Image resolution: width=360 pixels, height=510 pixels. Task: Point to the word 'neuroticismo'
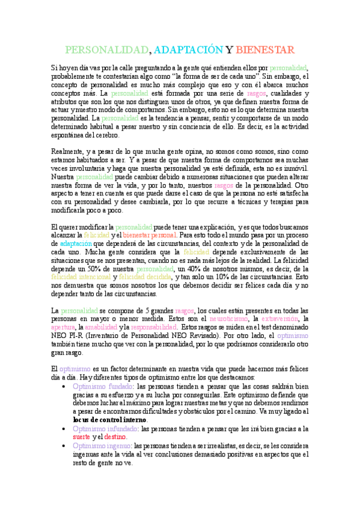228,318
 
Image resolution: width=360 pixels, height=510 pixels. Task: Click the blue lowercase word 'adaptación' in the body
75,244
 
